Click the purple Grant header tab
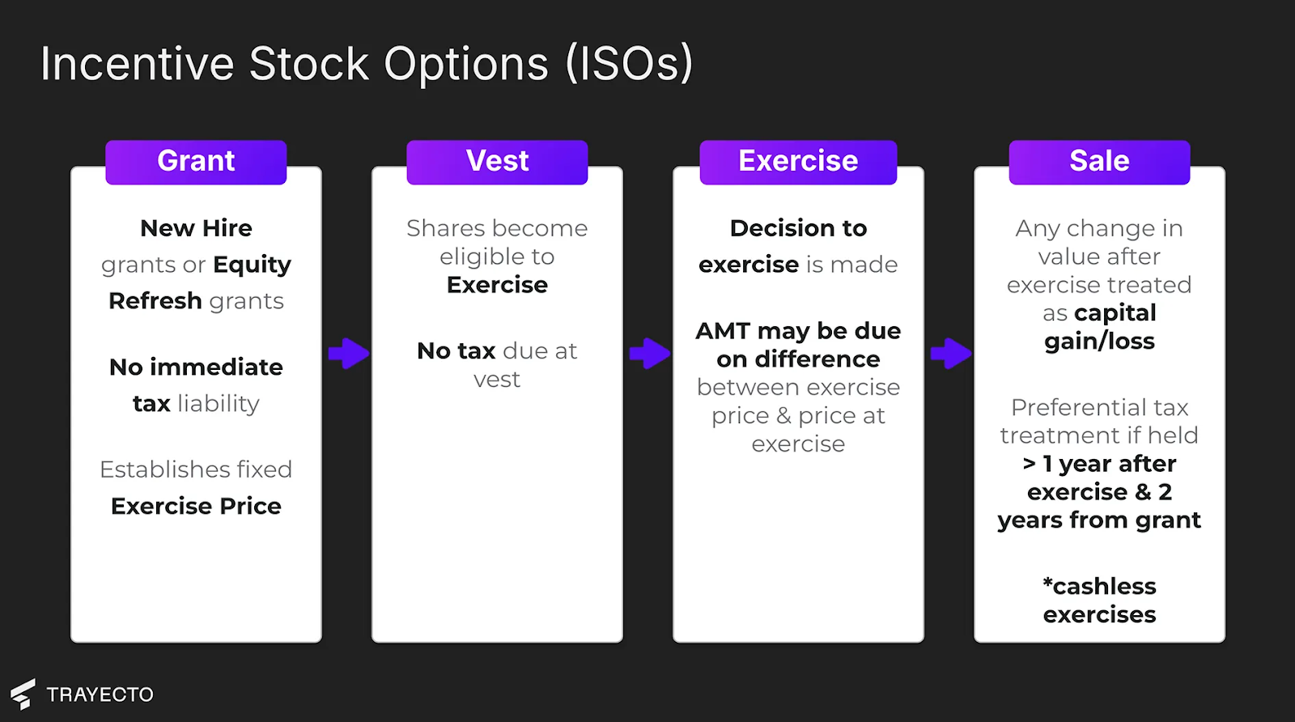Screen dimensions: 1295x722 click(196, 162)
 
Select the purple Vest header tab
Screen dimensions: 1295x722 click(497, 162)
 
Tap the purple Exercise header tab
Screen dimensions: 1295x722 click(798, 162)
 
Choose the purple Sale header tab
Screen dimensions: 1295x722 click(1100, 162)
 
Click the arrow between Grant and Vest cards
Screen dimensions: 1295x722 click(349, 353)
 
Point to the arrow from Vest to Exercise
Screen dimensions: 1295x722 click(650, 353)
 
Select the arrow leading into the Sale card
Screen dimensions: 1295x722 click(951, 353)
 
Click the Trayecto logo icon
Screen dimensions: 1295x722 click(23, 694)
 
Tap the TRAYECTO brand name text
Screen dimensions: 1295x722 click(100, 694)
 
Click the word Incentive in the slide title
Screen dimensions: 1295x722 click(137, 64)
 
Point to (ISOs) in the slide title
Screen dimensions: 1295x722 click(629, 64)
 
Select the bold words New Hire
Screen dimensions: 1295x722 click(196, 228)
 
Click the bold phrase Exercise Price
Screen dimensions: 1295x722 click(196, 506)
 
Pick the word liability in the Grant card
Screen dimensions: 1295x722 click(219, 403)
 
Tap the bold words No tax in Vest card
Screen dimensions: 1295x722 click(456, 351)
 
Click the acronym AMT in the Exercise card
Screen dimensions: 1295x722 click(724, 331)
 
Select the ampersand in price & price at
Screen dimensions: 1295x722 click(783, 415)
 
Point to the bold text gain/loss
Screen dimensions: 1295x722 click(1100, 342)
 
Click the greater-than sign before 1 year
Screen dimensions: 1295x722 click(1029, 464)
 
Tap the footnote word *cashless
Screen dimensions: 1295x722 click(1100, 586)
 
